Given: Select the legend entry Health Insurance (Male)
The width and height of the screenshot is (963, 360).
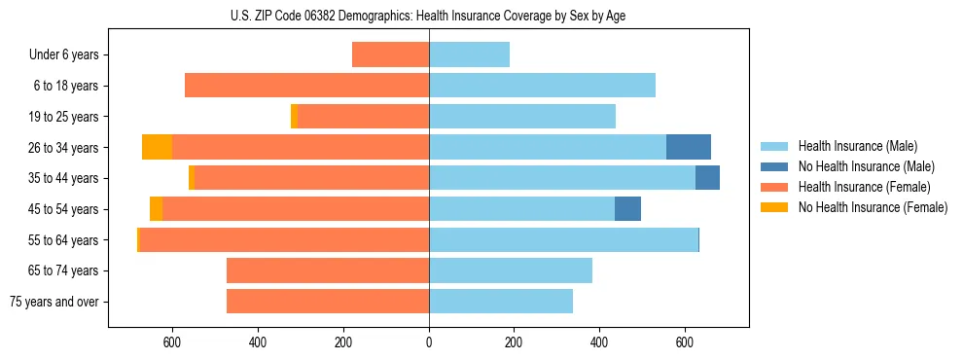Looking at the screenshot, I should pos(856,146).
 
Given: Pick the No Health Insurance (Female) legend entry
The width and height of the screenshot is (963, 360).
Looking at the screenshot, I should pos(873,207).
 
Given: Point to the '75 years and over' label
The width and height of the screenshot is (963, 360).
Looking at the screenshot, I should pos(53,302).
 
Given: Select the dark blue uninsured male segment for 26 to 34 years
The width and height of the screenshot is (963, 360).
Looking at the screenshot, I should pos(689,147).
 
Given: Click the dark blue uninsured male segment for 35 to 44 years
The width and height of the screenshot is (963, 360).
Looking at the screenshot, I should pos(707,178).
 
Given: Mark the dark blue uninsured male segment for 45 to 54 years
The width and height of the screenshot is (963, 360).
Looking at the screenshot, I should pos(627,209).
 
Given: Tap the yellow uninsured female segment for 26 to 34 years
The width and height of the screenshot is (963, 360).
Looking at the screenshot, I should pos(157,147).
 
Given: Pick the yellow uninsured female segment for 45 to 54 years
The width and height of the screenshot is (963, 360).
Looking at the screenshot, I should pos(156,209).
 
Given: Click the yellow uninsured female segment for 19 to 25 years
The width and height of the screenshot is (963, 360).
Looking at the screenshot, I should pos(294,117).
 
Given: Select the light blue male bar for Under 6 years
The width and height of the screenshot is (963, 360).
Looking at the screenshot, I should pos(470,54).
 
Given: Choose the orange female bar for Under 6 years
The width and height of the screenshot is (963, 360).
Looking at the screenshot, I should pos(390,54).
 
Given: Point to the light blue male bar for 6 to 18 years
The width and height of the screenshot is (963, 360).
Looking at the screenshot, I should pos(542,86).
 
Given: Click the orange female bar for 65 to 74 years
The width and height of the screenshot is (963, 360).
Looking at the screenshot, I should pos(328,270).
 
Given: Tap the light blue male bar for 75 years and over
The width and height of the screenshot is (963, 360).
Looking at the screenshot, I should pos(501,302).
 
